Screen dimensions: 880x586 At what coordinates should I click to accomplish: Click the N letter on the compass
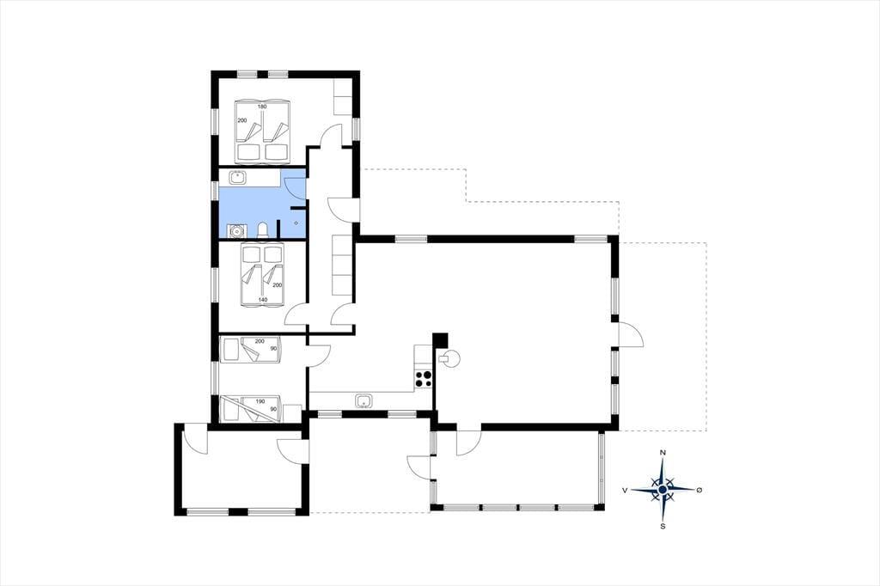(x=663, y=453)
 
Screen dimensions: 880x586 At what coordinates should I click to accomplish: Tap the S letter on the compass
(x=663, y=527)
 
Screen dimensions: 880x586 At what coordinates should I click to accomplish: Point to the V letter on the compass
(x=625, y=490)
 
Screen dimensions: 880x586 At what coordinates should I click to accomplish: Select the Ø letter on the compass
(x=699, y=490)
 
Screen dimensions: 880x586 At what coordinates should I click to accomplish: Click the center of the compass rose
(x=663, y=490)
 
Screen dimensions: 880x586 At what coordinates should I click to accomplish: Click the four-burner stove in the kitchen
(x=423, y=380)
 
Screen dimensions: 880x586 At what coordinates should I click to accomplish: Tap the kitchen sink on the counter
(x=364, y=400)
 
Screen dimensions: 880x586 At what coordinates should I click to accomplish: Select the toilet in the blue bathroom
(x=262, y=230)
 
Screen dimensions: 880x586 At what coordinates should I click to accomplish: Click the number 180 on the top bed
(x=262, y=107)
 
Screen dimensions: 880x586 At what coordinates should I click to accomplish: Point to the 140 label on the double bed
(x=263, y=300)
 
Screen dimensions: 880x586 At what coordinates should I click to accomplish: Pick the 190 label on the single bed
(x=260, y=401)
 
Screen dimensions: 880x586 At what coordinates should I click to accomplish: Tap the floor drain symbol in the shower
(x=296, y=223)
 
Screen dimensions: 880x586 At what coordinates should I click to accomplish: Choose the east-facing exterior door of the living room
(x=630, y=335)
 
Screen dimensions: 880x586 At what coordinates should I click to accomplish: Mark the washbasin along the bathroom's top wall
(x=239, y=177)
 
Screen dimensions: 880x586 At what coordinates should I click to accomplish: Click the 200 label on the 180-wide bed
(x=241, y=120)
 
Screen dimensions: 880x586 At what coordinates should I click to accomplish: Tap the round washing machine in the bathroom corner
(x=237, y=230)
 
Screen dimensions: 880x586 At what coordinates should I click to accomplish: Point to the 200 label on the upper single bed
(x=260, y=341)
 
